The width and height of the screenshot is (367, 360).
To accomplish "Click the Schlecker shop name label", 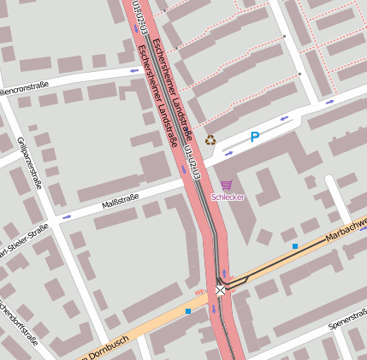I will (228, 197).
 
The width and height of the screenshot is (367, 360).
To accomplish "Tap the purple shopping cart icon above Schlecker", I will (227, 185).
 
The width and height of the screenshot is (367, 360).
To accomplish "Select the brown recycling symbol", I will (210, 140).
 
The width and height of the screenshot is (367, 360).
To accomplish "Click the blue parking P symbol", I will (254, 137).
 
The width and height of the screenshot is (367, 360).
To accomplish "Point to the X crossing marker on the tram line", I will (221, 291).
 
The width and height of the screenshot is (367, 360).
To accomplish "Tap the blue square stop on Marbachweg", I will (295, 246).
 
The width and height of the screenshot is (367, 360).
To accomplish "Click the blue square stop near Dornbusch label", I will (188, 311).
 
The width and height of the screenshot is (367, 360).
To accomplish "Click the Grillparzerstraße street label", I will (29, 162).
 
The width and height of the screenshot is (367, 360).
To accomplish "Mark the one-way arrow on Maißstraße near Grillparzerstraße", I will (67, 217).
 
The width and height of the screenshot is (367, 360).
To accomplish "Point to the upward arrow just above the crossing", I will (224, 273).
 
